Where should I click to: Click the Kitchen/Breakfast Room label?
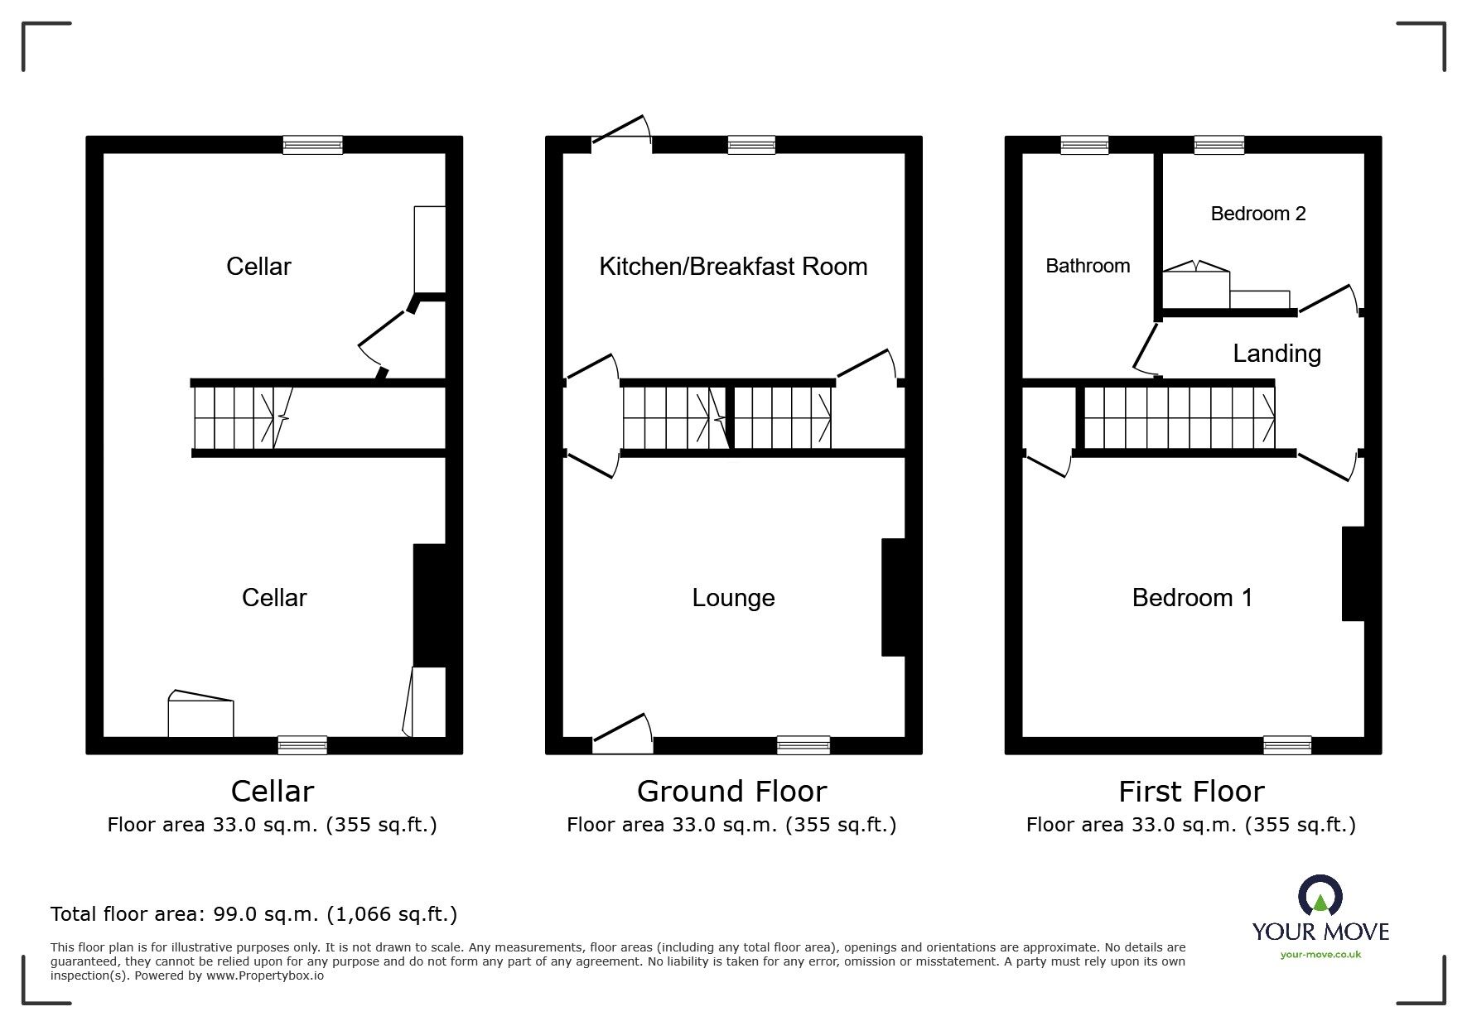pyautogui.click(x=733, y=267)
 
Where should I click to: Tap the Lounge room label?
pyautogui.click(x=733, y=598)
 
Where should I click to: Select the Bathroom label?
pyautogui.click(x=1088, y=266)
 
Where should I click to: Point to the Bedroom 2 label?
pyautogui.click(x=1257, y=214)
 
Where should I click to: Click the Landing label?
pyautogui.click(x=1276, y=354)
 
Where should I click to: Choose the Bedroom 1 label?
pyautogui.click(x=1192, y=598)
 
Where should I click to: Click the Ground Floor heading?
pyautogui.click(x=731, y=792)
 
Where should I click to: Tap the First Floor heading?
pyautogui.click(x=1191, y=792)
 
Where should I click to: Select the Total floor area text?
pyautogui.click(x=253, y=914)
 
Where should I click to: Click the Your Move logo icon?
pyautogui.click(x=1320, y=897)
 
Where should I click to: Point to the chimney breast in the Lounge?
pyautogui.click(x=893, y=597)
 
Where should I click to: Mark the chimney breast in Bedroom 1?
pyautogui.click(x=1353, y=574)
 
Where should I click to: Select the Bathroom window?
pyautogui.click(x=1084, y=145)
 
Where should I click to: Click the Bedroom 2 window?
pyautogui.click(x=1218, y=145)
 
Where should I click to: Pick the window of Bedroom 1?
pyautogui.click(x=1287, y=745)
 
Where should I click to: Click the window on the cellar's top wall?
pyautogui.click(x=312, y=145)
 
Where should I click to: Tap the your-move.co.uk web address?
pyautogui.click(x=1320, y=955)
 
